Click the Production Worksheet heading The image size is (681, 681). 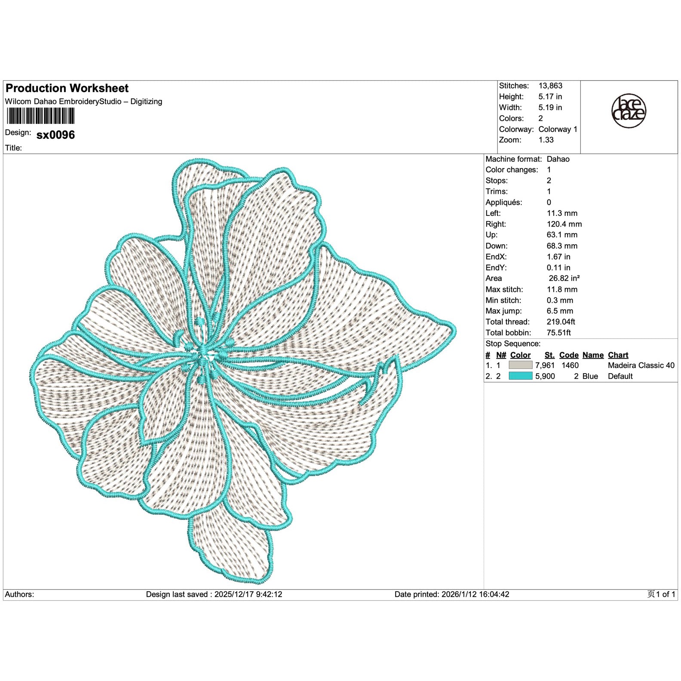67,89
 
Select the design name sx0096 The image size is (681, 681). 55,135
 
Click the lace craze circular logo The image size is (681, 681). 629,111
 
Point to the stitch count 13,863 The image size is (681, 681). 550,86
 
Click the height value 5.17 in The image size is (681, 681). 550,97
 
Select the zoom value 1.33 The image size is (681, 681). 546,140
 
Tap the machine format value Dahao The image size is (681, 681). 558,159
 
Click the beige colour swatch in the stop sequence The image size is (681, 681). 520,365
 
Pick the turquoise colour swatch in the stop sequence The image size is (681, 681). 520,376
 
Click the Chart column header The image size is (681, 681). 618,355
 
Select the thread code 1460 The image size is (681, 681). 570,365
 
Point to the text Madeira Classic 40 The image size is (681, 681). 641,365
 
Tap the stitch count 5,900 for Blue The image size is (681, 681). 545,376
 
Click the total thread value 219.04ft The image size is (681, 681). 561,322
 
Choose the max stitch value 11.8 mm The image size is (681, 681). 562,289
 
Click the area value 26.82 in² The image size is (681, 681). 564,278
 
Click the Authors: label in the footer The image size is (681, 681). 19,595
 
